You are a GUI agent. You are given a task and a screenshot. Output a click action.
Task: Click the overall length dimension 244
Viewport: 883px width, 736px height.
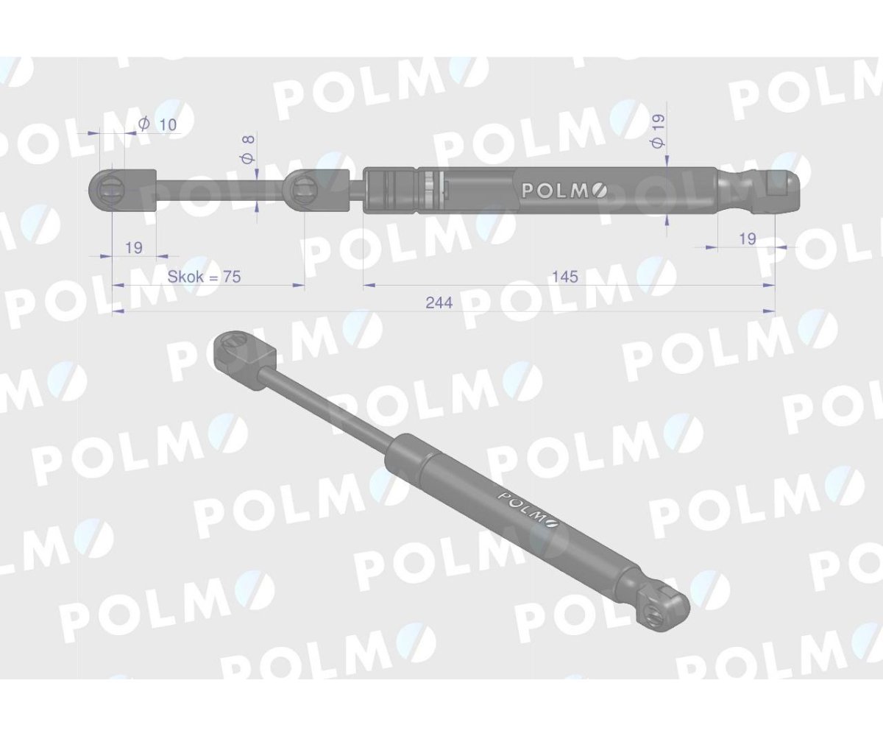click(x=438, y=302)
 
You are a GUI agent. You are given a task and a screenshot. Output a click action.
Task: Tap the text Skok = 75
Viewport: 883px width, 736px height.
click(x=205, y=277)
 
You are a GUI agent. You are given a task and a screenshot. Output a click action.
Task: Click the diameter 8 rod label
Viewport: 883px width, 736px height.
click(x=248, y=148)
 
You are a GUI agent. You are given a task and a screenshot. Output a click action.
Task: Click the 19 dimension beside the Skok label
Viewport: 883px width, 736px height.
click(x=133, y=247)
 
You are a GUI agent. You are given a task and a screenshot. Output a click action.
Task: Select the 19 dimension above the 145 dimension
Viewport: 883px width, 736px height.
click(x=747, y=238)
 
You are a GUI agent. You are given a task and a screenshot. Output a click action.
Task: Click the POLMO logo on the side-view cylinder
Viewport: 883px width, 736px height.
click(x=564, y=191)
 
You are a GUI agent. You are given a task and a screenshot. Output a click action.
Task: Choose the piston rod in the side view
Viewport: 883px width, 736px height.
click(x=221, y=191)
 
